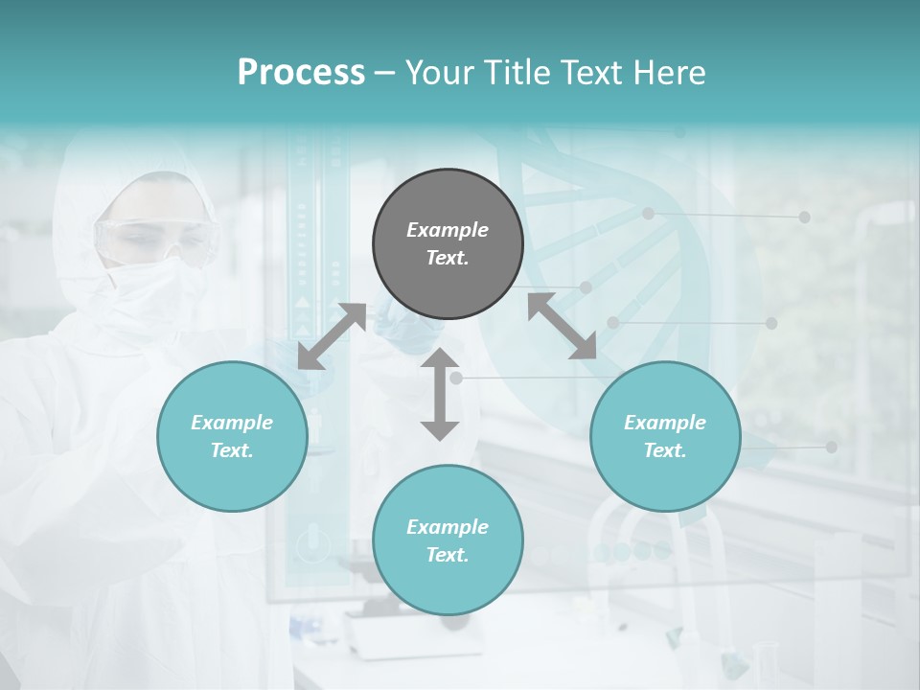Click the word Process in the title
[301, 73]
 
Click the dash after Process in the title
[385, 74]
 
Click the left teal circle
[232, 436]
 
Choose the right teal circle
[665, 436]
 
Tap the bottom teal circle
[448, 540]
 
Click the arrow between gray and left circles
[332, 336]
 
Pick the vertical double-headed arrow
[440, 394]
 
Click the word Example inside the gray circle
[448, 230]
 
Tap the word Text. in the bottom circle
[448, 555]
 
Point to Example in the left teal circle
[232, 423]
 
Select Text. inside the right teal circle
[665, 450]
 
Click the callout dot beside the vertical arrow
[456, 379]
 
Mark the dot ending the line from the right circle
[831, 448]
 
